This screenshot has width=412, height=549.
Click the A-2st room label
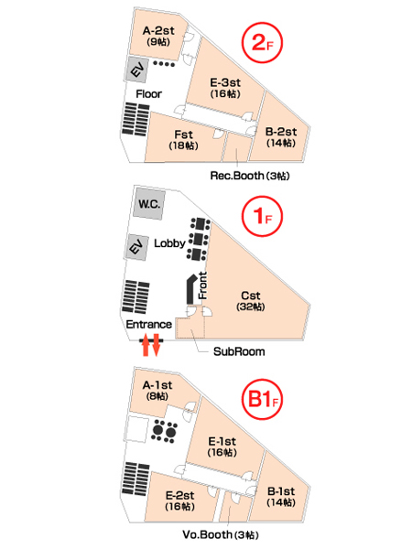tap(158, 36)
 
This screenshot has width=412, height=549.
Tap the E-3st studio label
tap(225, 88)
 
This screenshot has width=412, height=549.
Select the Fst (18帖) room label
tap(184, 140)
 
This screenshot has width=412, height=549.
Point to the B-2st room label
tap(281, 137)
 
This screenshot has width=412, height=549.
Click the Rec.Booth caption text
tap(250, 176)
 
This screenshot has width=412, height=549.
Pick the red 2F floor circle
tap(262, 43)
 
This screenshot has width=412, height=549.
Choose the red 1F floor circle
tap(262, 216)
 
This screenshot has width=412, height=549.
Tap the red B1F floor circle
tap(262, 399)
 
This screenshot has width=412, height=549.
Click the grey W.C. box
tap(149, 204)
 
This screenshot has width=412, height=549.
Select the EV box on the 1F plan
tap(136, 247)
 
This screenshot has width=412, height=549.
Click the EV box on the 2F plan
tap(136, 70)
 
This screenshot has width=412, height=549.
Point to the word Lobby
tap(169, 243)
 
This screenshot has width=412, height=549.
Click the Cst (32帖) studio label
tap(251, 301)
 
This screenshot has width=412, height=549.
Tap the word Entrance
tap(149, 324)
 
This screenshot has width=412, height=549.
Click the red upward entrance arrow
tap(146, 345)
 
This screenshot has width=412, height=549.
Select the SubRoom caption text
tap(239, 351)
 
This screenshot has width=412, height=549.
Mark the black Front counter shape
tap(191, 289)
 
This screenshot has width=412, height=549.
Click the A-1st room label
tap(157, 391)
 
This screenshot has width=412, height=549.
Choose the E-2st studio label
tap(179, 501)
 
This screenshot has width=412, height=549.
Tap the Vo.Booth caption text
tap(221, 534)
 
